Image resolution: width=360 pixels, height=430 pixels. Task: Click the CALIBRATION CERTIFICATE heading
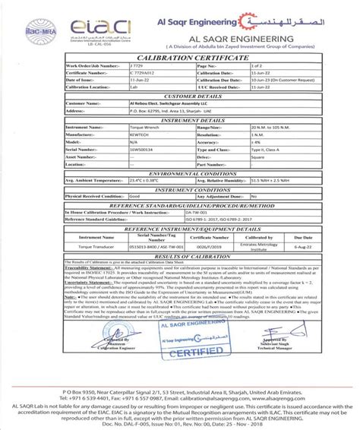click(x=180, y=58)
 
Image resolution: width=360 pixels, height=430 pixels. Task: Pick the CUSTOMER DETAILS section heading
click(x=180, y=96)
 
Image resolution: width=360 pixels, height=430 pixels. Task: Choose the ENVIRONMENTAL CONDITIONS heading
click(x=180, y=173)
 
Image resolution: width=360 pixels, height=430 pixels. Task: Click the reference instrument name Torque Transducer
click(x=73, y=245)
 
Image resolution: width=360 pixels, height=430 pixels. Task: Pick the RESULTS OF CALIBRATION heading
click(x=180, y=258)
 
